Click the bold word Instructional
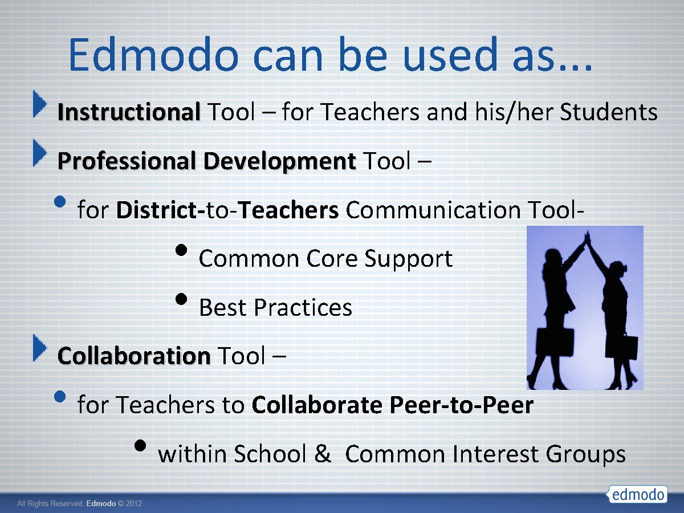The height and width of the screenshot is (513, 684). click(129, 112)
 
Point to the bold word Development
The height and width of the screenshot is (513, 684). click(279, 161)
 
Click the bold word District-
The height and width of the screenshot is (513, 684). click(160, 210)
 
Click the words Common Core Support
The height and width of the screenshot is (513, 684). click(325, 259)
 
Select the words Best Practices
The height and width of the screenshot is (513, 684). click(275, 308)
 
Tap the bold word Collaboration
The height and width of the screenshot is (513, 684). click(134, 356)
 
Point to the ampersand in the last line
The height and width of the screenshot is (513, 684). click(322, 454)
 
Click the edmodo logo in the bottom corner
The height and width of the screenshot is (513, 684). click(637, 494)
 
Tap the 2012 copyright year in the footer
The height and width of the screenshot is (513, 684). click(133, 504)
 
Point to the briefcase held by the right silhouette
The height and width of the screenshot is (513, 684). click(629, 347)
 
